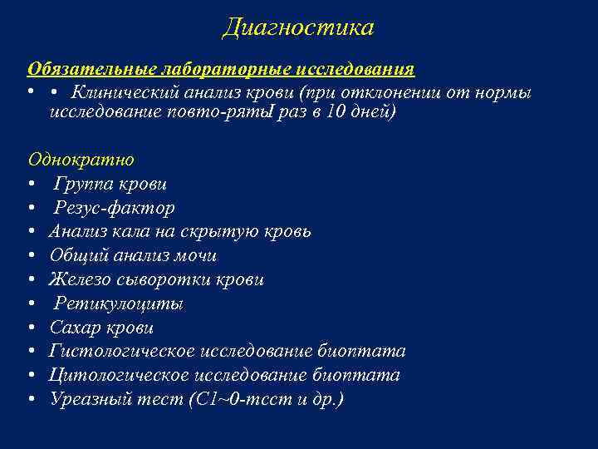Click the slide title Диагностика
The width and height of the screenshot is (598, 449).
coord(298,27)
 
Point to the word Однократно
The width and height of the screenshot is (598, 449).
coord(81,159)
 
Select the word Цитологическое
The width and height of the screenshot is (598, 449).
coord(126,376)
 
